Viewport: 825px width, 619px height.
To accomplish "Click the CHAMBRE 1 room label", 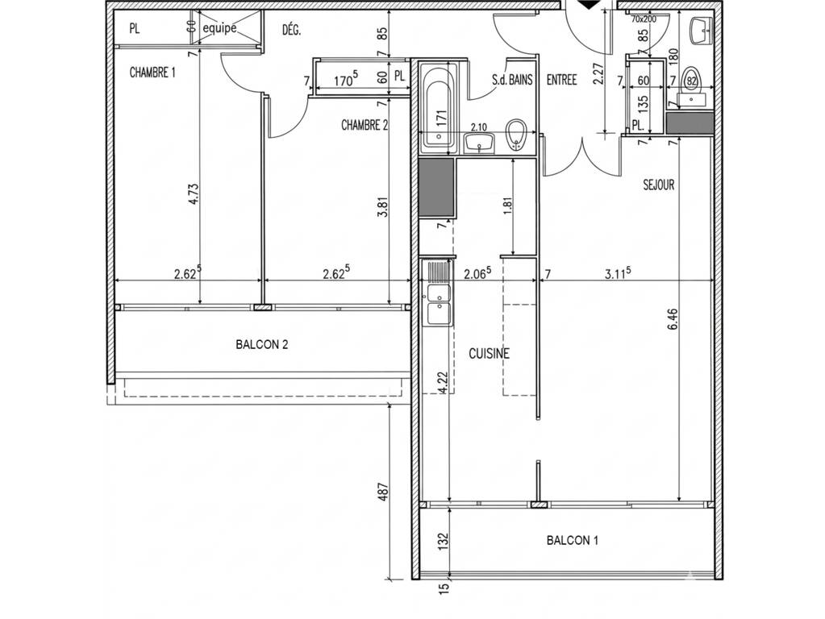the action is (152, 73).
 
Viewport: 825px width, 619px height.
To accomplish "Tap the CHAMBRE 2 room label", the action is (365, 125).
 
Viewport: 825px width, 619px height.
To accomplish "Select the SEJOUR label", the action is (659, 185).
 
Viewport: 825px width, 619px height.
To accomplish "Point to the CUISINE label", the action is (490, 354).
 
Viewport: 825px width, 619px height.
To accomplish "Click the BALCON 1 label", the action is (573, 540).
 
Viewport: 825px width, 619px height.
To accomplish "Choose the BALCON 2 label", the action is (262, 345).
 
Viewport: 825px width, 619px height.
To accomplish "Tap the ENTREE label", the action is (562, 80).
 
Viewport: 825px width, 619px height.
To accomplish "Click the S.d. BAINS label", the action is (512, 80).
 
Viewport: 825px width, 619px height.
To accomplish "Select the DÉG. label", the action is (291, 30).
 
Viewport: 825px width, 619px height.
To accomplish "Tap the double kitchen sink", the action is (438, 303).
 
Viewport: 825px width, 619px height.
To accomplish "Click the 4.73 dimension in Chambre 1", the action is (193, 193).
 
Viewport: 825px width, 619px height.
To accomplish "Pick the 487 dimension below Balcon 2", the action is (384, 492).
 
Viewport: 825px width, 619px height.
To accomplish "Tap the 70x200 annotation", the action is (643, 19).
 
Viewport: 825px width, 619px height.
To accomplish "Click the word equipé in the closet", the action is (220, 28).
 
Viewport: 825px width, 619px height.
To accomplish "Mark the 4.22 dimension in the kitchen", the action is (443, 382).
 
